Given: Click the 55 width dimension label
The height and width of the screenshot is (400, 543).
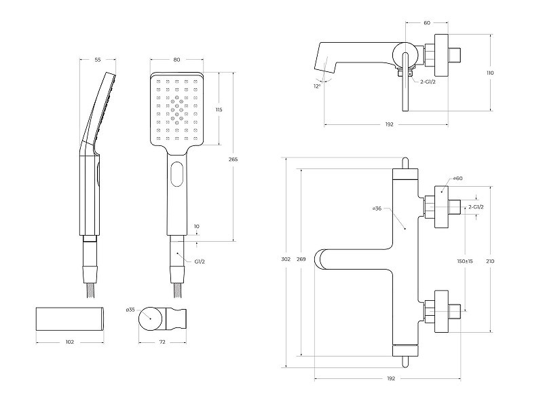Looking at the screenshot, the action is [x=98, y=60].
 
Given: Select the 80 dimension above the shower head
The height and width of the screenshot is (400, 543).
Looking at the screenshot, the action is [x=176, y=60].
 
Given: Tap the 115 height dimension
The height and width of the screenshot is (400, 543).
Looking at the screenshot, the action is [x=219, y=110].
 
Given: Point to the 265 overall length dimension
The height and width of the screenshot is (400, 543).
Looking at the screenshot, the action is [x=233, y=160].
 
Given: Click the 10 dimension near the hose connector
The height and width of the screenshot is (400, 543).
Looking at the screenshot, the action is [x=197, y=226].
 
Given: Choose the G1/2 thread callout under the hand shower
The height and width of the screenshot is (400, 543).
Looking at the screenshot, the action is [x=200, y=261].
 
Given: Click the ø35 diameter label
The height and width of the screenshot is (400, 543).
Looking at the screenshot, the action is [x=130, y=310].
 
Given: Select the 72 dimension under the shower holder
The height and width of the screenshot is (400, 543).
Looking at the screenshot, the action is [x=162, y=342].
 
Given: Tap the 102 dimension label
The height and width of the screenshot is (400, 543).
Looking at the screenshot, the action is [x=70, y=342].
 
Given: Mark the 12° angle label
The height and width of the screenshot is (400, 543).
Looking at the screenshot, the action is [x=317, y=86].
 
